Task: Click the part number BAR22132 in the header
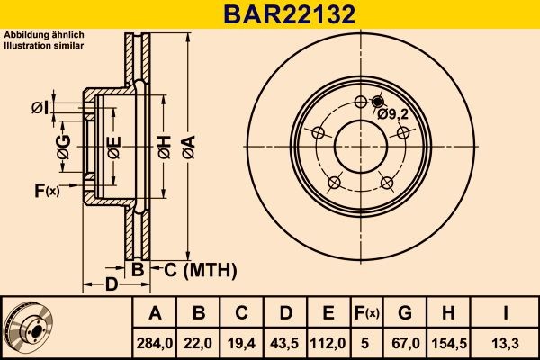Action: pos(270,14)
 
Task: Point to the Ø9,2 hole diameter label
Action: pos(394,113)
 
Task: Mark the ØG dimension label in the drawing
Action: pos(62,152)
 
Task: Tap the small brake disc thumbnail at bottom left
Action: pos(29,326)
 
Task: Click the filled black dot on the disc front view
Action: pos(377,102)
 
